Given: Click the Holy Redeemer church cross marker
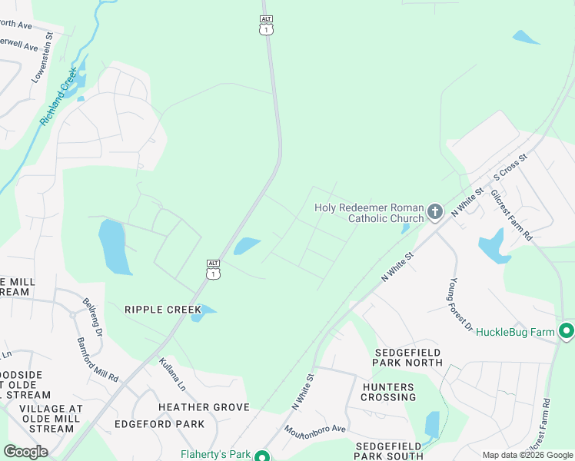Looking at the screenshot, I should tap(435, 211).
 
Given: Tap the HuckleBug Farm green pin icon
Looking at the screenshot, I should tap(567, 332).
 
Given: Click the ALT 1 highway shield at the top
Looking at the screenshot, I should tap(266, 25).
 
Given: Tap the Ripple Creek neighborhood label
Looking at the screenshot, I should tap(162, 310).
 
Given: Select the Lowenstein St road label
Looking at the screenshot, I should tap(42, 58).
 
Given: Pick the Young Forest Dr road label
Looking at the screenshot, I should tap(461, 305).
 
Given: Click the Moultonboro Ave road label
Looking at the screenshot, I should tap(315, 439).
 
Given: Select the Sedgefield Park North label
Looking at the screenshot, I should tap(407, 357).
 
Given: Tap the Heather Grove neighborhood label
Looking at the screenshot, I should tap(204, 407).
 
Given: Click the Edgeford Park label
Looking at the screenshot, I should tap(159, 424).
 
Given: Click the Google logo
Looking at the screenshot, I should tap(25, 452).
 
